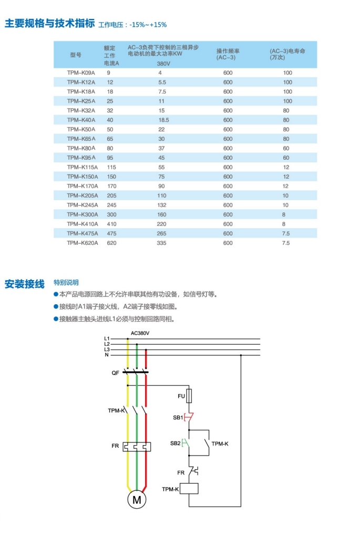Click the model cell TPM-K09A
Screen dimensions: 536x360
click(81, 73)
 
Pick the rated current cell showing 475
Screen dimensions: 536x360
click(111, 233)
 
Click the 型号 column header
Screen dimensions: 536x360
click(76, 54)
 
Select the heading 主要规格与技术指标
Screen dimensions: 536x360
click(49, 24)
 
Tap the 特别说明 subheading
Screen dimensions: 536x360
click(66, 283)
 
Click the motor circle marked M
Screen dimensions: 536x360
click(137, 500)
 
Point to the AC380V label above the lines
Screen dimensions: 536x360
click(140, 333)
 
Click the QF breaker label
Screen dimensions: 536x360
click(115, 373)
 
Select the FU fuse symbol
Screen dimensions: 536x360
click(189, 396)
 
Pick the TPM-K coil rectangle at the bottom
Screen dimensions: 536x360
click(189, 489)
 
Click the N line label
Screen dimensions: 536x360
click(107, 355)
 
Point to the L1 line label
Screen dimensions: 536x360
click(107, 338)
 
